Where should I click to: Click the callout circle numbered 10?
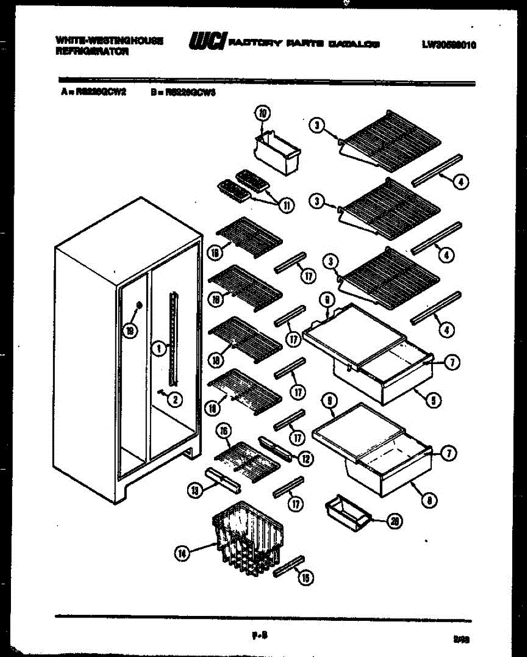[x=263, y=114]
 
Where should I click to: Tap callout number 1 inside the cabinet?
[x=158, y=348]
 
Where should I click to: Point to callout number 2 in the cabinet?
[x=175, y=400]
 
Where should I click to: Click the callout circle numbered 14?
[x=183, y=554]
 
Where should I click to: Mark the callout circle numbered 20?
[x=392, y=521]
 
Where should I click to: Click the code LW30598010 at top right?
[x=448, y=45]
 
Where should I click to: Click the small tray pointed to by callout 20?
[x=345, y=511]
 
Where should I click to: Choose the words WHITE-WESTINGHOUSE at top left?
[x=109, y=41]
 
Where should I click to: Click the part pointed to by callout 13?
[x=223, y=479]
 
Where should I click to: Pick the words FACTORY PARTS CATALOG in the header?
[x=303, y=44]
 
